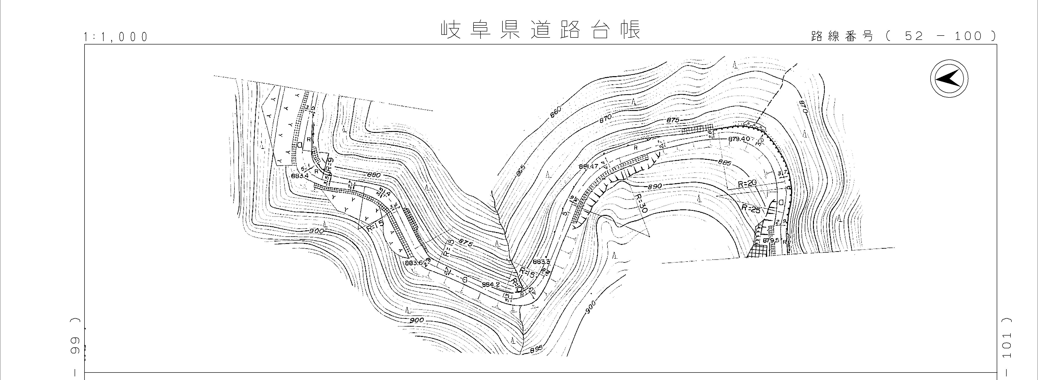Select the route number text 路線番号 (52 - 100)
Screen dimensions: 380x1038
point(903,36)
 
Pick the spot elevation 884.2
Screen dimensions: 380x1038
point(491,284)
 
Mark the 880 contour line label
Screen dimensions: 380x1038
point(374,175)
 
